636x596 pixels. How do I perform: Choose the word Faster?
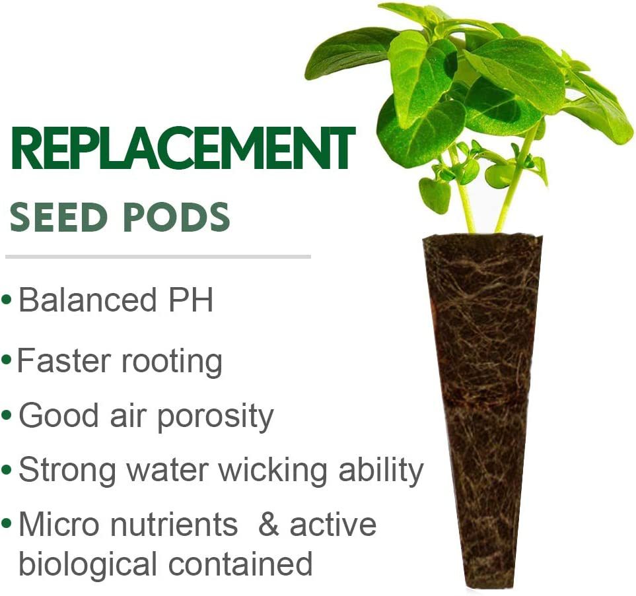click(63, 361)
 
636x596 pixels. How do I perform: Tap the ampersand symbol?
click(269, 525)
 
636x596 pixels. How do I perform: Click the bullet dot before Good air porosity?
click(7, 417)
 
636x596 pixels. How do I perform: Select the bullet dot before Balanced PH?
click(7, 301)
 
